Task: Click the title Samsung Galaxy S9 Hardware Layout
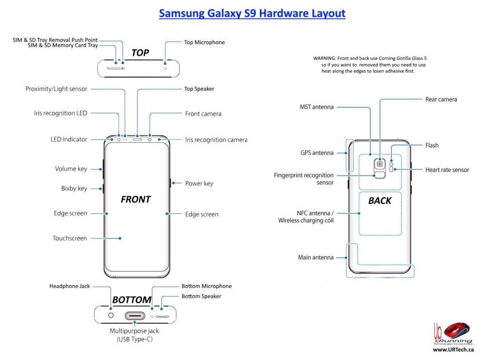coord(252,13)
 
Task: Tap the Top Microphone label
coord(204,43)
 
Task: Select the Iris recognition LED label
coord(60,114)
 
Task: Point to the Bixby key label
coord(74,188)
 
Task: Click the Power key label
coord(199,184)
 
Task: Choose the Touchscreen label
coord(70,238)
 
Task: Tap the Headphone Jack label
coord(70,286)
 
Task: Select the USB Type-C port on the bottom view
coord(136,316)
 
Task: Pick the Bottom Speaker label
coord(201,296)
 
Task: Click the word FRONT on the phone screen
coord(136,199)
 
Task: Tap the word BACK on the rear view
coord(380,201)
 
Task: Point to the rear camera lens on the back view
coord(380,164)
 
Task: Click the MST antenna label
coord(316,107)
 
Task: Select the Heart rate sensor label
coord(447,170)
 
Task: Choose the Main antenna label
coord(316,257)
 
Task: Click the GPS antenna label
coord(317,153)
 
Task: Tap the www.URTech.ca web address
coord(453,350)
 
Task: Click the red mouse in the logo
coord(456,331)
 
